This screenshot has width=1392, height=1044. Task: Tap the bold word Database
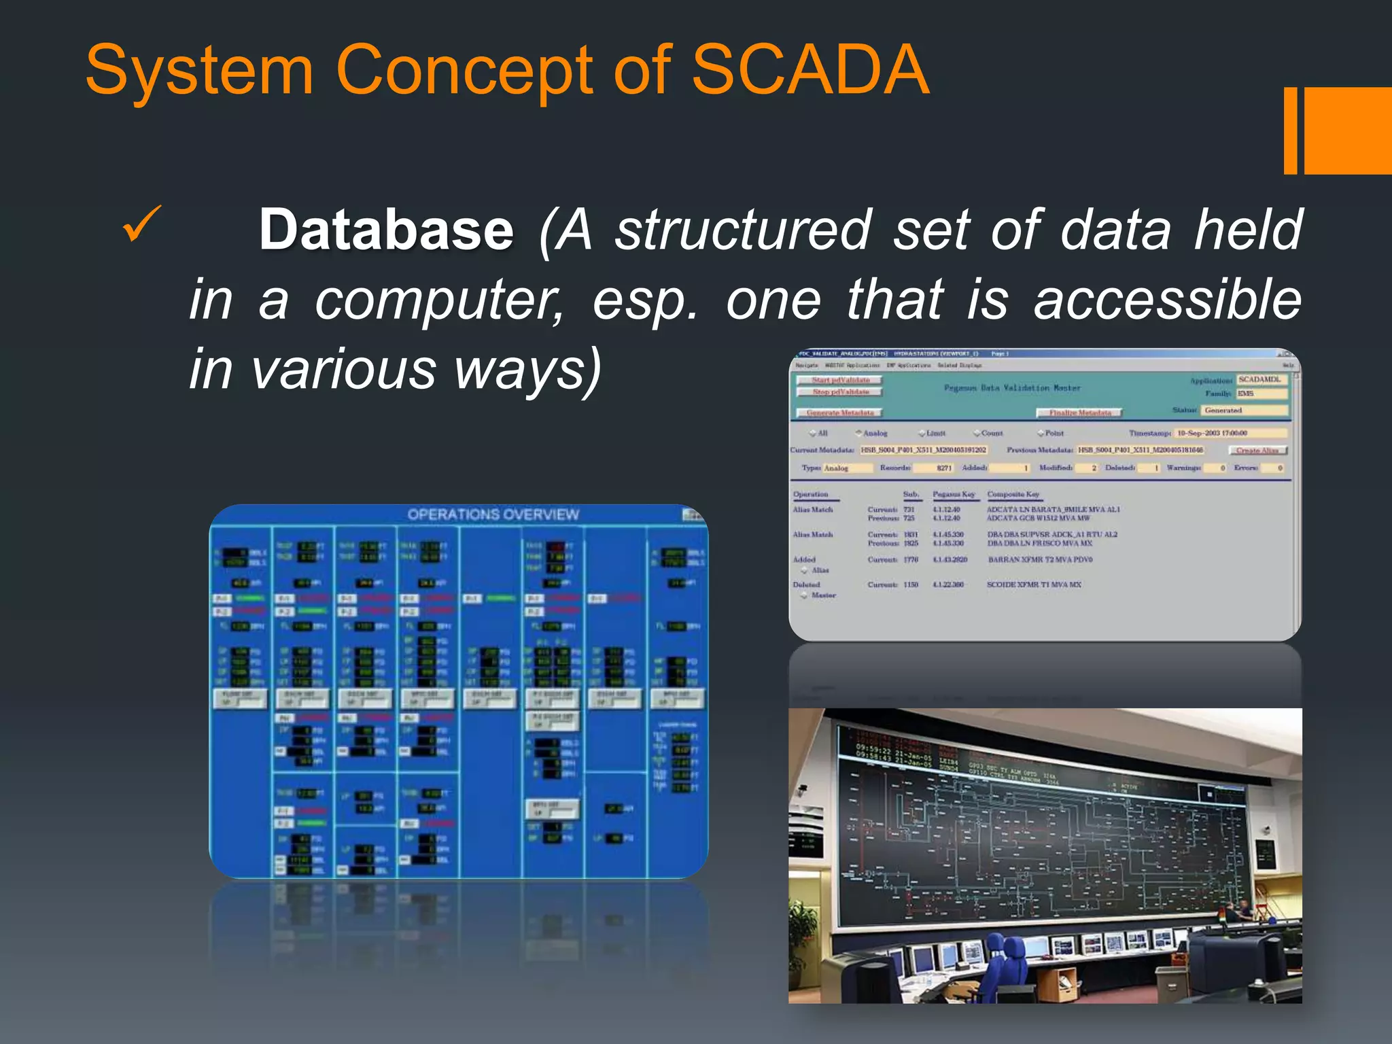pos(386,230)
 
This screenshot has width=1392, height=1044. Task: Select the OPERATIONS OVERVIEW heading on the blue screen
pos(493,515)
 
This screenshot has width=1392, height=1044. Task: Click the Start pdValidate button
pos(840,380)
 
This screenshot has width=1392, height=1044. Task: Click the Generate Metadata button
pos(839,413)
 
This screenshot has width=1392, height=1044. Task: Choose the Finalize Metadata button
pos(1079,413)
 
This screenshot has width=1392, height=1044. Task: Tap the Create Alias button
pos(1257,451)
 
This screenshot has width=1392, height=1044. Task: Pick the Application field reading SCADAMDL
pos(1261,379)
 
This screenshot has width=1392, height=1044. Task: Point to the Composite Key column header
pos(1013,494)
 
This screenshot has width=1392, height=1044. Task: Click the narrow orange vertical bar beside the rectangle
pos(1289,130)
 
